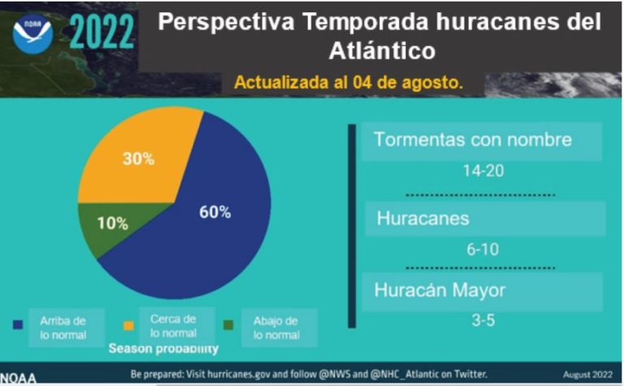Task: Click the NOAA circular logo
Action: point(32,34)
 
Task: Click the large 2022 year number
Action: point(102,33)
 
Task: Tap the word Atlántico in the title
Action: point(382,51)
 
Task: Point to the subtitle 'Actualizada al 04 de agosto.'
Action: point(349,82)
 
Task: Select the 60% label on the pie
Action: point(215,212)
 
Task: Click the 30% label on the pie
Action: point(138,158)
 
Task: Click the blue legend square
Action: point(18,325)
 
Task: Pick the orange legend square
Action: point(128,325)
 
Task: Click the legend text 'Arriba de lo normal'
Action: point(62,327)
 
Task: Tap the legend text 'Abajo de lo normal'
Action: point(275,327)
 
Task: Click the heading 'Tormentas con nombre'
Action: point(473,140)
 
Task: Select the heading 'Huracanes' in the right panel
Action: point(422,219)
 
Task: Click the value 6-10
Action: point(483,249)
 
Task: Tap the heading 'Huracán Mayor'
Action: point(440,290)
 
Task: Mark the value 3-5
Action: point(483,319)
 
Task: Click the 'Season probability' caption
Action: point(164,349)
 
